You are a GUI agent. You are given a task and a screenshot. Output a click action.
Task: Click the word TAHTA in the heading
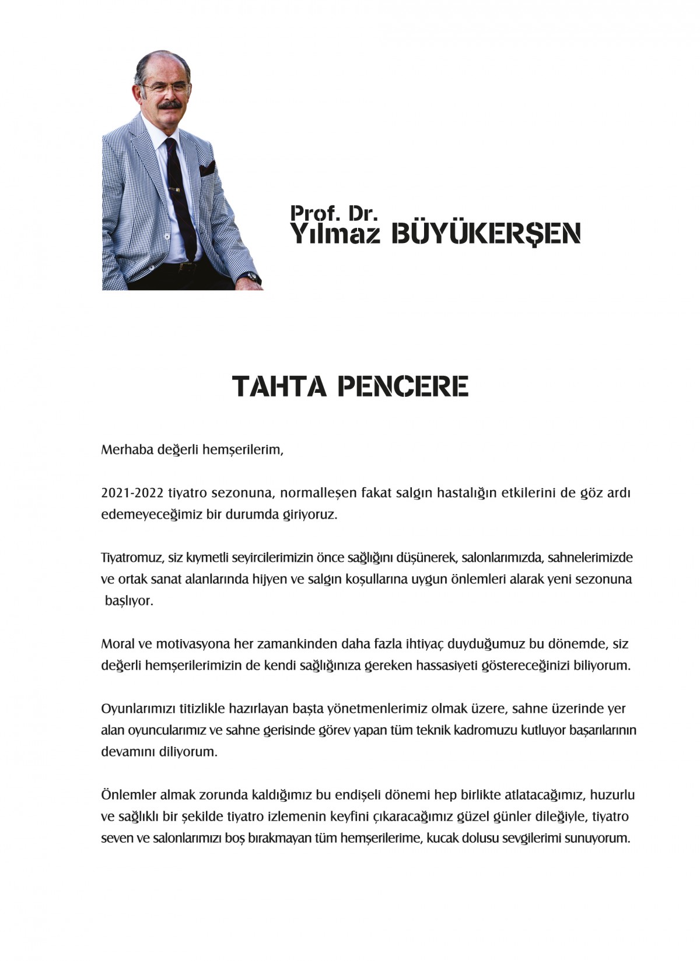click(x=279, y=386)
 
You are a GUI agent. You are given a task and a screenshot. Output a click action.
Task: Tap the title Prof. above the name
click(x=314, y=213)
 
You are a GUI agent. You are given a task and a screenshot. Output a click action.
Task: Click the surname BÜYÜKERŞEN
click(x=486, y=234)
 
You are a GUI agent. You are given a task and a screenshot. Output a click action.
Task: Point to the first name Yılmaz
click(x=335, y=234)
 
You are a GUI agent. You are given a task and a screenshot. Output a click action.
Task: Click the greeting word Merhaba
click(x=127, y=450)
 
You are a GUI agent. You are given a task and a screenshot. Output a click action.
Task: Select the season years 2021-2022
click(x=132, y=493)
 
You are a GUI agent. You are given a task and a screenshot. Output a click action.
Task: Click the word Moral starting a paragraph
click(x=118, y=644)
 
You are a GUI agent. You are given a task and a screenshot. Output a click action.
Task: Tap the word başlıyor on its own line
click(x=129, y=601)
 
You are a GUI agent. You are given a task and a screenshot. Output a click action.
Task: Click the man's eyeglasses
click(x=165, y=88)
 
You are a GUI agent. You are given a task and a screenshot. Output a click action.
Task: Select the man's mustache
click(x=169, y=106)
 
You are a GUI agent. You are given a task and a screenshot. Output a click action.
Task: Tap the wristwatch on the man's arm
click(x=251, y=277)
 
